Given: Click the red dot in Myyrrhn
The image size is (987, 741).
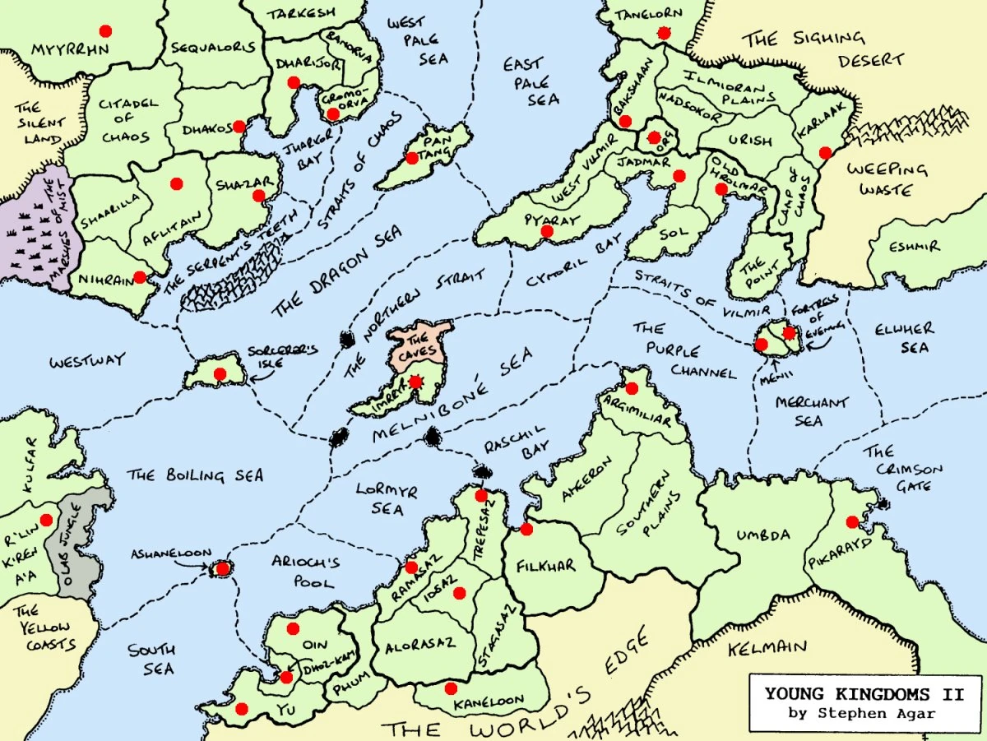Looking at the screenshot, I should pos(104,31).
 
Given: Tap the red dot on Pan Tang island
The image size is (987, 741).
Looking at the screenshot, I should pos(411,158).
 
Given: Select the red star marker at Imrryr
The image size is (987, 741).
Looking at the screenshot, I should pos(415,382).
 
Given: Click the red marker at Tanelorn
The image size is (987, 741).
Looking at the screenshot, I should pos(664,33).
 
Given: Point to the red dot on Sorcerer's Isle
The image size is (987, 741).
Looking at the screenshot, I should pos(220,374).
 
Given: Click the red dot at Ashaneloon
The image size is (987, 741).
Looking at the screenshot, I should pos(222,568).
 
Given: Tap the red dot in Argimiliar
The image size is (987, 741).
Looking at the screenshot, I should pos(631,388).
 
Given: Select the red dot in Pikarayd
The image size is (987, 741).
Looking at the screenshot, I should pos(851,521).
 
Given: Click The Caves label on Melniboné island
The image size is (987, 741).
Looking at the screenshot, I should pos(418,345).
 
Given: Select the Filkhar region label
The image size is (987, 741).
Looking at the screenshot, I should pos(546,566).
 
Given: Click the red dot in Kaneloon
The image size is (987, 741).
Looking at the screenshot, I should pos(450,688).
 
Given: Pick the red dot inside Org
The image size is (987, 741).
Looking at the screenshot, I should pos(656,137).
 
